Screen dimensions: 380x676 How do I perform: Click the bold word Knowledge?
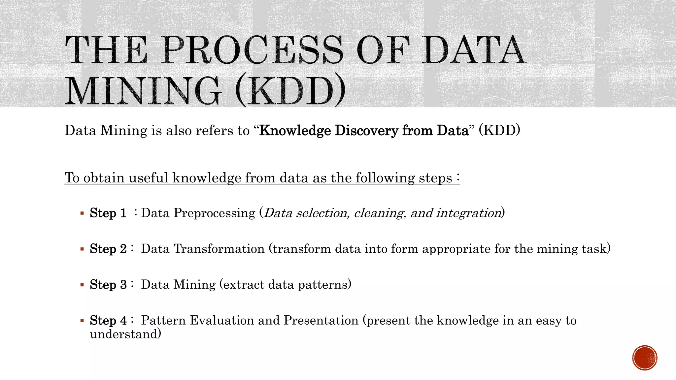tap(295, 131)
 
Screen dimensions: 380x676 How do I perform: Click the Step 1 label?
tap(108, 213)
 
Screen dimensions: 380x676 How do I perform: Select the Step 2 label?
tap(108, 249)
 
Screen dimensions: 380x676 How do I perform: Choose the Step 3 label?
tap(108, 285)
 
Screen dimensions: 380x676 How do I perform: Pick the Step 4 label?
tap(108, 320)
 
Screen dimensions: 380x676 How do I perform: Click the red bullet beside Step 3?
tap(82, 285)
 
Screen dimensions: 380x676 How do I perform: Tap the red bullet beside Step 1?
tap(82, 213)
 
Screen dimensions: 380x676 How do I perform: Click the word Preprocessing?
tap(215, 213)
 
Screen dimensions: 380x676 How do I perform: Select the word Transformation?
tap(219, 249)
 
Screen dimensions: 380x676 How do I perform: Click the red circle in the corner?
tap(645, 358)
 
